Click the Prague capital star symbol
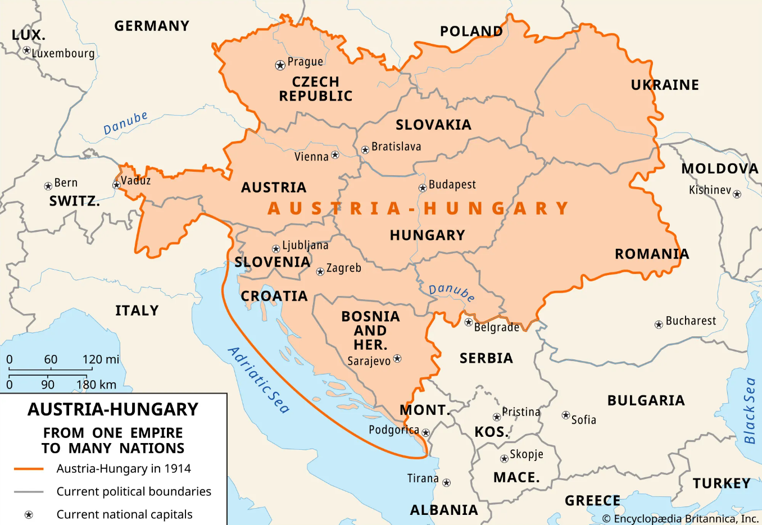(280, 65)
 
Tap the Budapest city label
(452, 185)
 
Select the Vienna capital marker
(335, 155)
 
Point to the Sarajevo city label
(369, 361)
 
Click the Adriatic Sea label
(259, 380)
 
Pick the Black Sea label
(750, 410)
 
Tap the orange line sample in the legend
(29, 468)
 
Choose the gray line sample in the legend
(29, 491)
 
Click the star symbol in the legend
(29, 515)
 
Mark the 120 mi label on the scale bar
(101, 359)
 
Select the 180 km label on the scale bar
(97, 385)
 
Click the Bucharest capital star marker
(659, 325)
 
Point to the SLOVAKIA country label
(433, 125)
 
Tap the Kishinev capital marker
(737, 194)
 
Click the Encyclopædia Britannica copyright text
(680, 518)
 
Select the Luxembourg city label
(63, 53)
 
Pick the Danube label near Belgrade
(452, 291)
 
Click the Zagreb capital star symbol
(320, 272)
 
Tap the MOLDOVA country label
(720, 168)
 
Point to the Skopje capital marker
(504, 459)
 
